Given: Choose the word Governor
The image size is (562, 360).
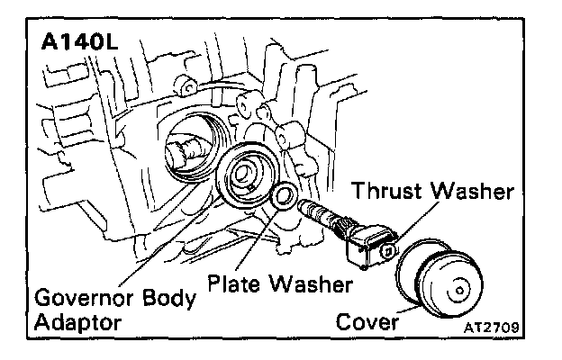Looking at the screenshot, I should point(74,296).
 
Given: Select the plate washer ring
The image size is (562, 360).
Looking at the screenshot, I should point(285,197).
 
